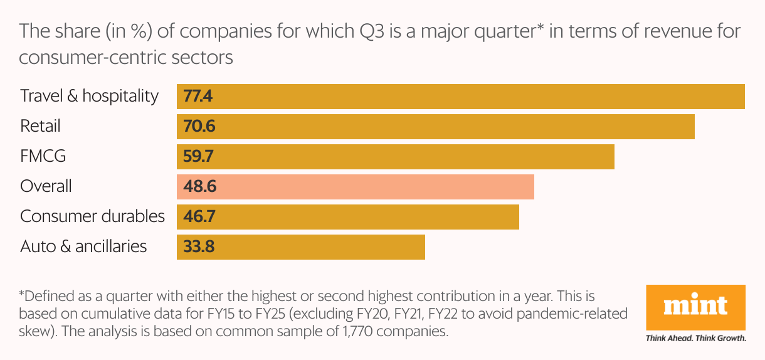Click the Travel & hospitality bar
click(x=461, y=97)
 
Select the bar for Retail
click(x=436, y=127)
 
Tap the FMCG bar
click(x=396, y=157)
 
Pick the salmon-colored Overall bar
click(x=356, y=187)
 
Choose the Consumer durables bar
click(x=348, y=217)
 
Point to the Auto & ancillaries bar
click(x=301, y=247)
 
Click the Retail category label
click(x=41, y=126)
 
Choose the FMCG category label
click(x=43, y=156)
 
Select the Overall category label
click(x=46, y=186)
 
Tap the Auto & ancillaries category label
click(x=84, y=246)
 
